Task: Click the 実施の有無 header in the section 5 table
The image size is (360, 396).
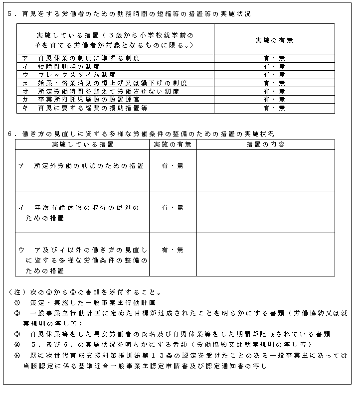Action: click(274, 40)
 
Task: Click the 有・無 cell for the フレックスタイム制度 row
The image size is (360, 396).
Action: click(274, 75)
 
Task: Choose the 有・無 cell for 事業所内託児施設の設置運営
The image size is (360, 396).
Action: click(274, 99)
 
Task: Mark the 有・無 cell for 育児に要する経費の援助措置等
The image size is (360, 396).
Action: click(274, 108)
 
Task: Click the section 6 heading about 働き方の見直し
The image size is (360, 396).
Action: click(142, 134)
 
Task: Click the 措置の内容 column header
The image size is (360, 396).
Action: click(265, 144)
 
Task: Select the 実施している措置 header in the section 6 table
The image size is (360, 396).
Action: click(82, 144)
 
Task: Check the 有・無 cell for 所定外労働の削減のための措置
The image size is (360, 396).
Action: click(173, 166)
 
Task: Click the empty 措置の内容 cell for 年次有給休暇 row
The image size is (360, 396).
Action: click(265, 212)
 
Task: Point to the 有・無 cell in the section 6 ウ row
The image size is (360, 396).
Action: click(173, 250)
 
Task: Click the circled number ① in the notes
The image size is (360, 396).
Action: click(17, 302)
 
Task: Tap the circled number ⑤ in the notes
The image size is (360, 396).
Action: click(17, 356)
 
